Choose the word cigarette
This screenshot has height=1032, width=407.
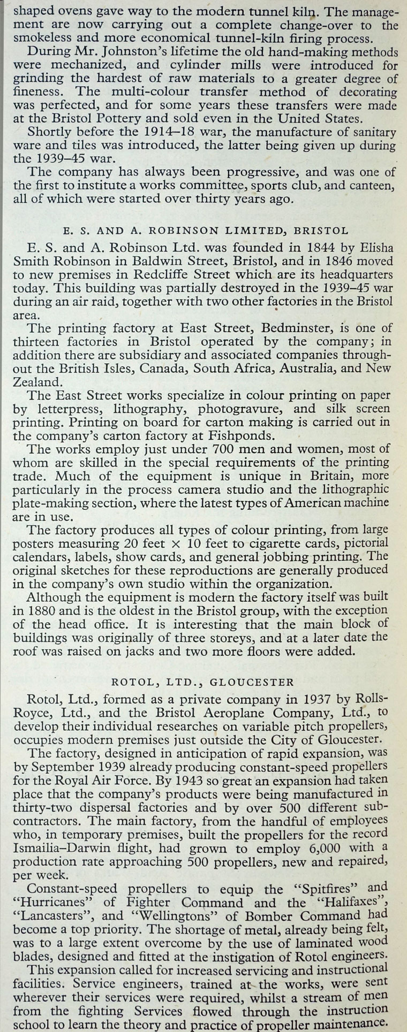pyautogui.click(x=260, y=543)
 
